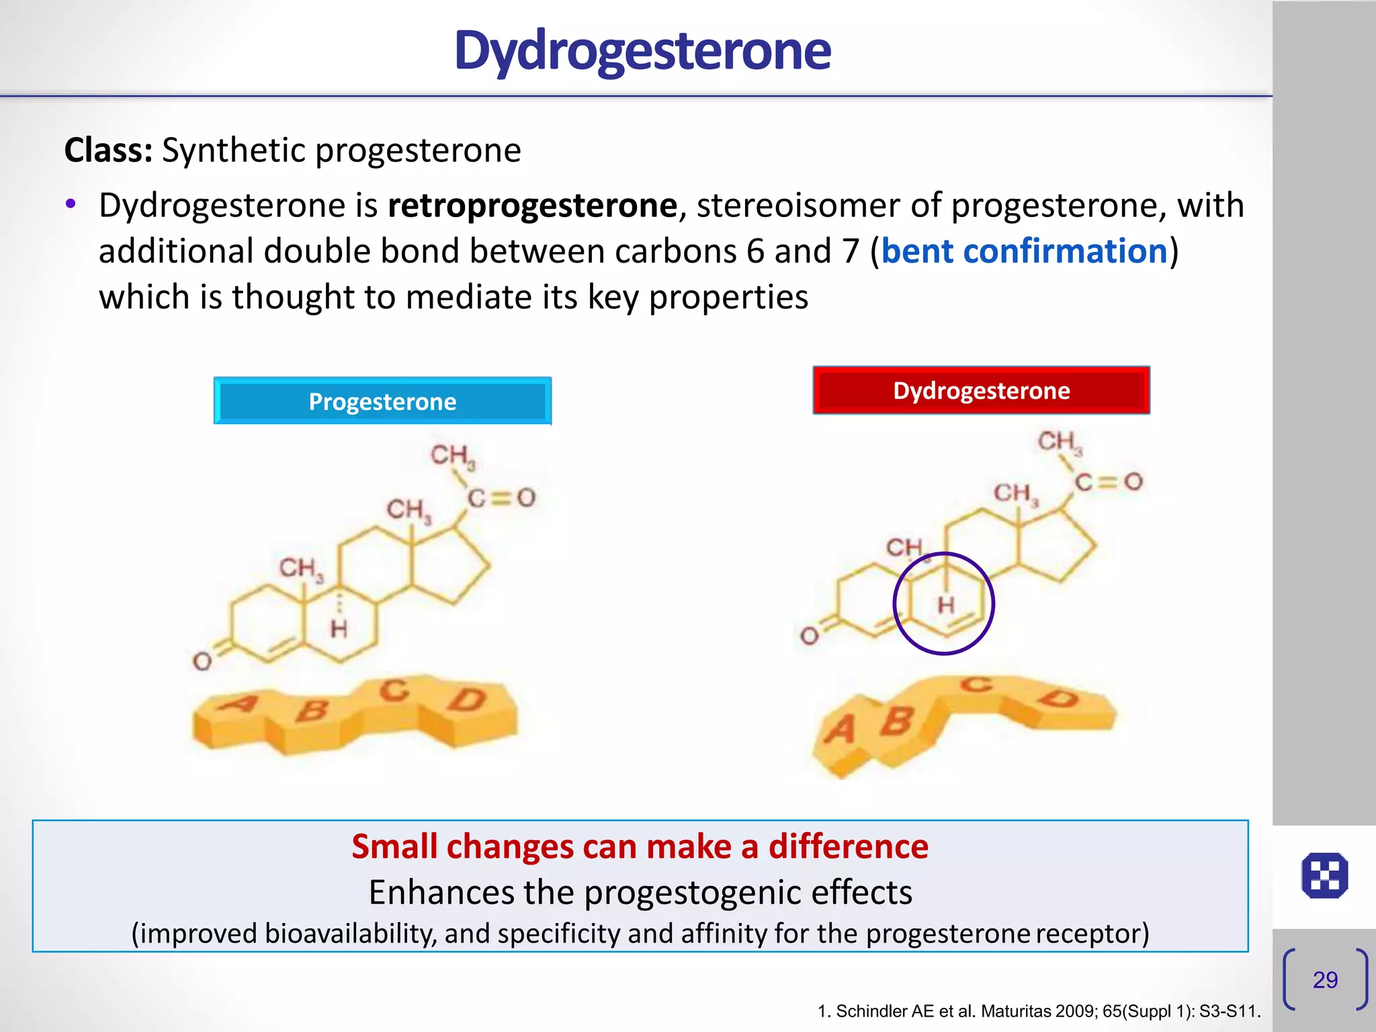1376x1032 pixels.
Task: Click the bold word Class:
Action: click(109, 150)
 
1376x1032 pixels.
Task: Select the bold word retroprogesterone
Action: click(532, 206)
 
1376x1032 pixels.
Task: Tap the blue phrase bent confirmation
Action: click(1024, 251)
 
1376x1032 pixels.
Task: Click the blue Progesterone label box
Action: click(382, 401)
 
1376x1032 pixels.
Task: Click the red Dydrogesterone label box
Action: click(981, 390)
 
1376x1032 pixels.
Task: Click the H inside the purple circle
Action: click(946, 605)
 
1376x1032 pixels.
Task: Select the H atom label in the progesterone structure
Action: click(339, 630)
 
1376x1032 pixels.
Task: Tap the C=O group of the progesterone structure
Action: click(501, 498)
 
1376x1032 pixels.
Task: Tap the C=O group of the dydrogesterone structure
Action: click(1108, 482)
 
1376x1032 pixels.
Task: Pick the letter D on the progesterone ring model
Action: click(468, 700)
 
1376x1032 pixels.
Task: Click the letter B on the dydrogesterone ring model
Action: click(897, 722)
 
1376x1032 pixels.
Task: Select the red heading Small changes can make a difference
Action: click(640, 847)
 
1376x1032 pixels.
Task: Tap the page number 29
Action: click(1325, 980)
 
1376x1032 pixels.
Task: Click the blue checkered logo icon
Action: click(1324, 875)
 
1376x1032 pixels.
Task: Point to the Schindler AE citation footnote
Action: click(1039, 1011)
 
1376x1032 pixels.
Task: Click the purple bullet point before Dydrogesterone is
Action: click(71, 204)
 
